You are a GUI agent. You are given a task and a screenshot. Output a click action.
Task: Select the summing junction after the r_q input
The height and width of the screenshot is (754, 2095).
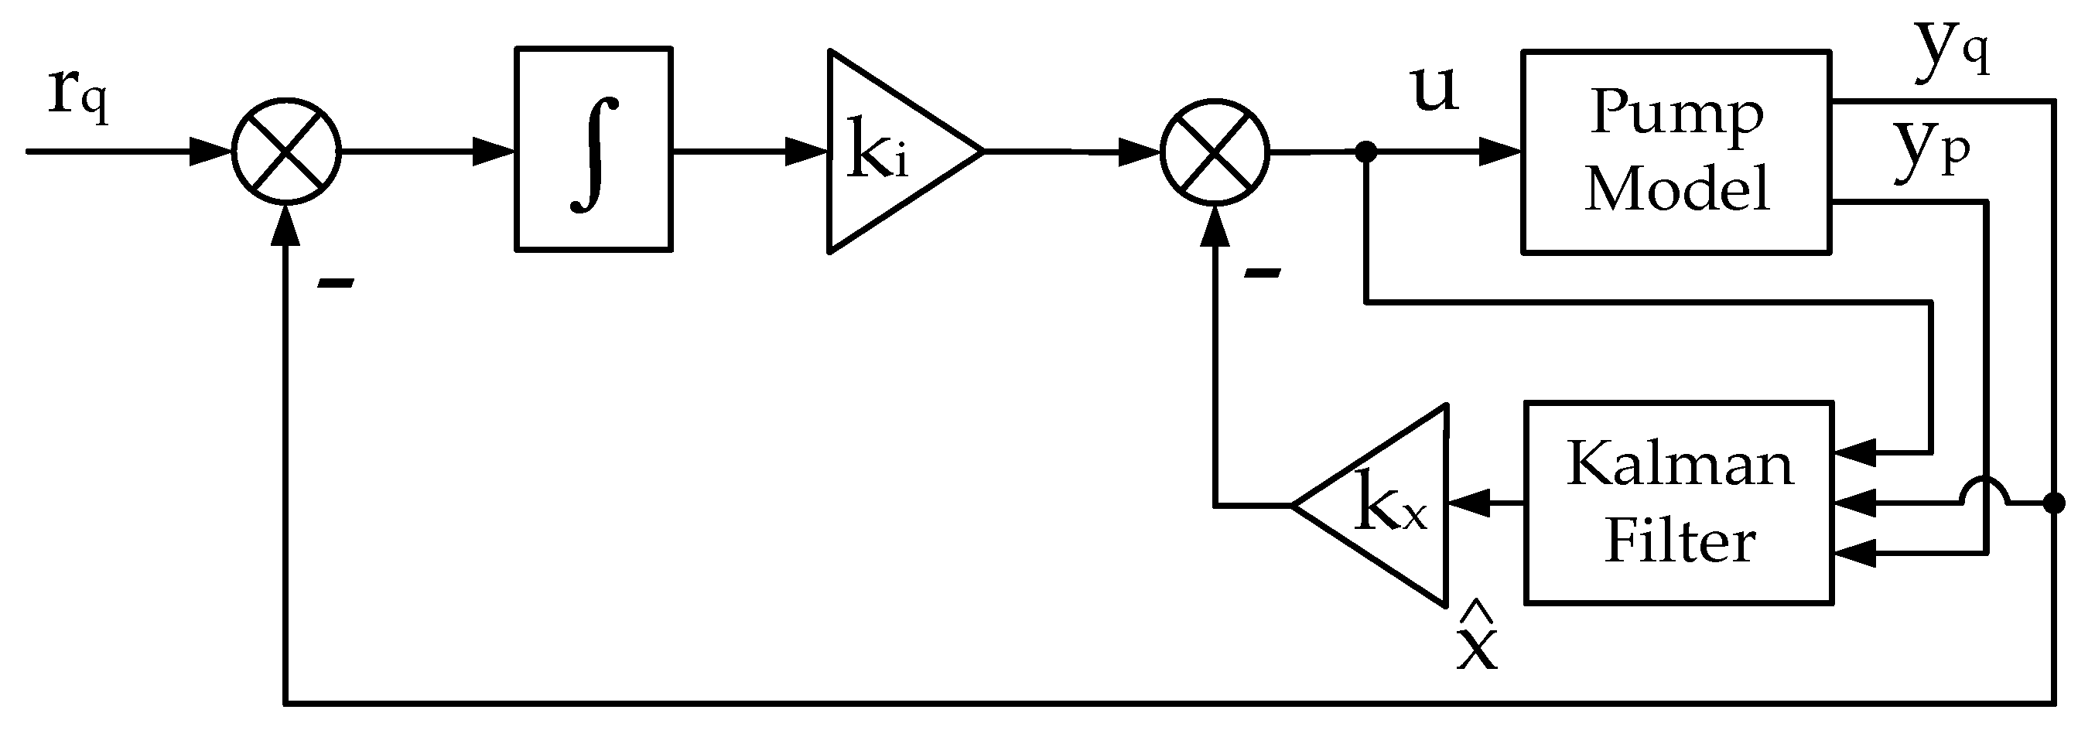coord(286,152)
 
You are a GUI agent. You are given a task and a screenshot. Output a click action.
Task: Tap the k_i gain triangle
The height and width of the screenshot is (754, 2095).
coord(887,152)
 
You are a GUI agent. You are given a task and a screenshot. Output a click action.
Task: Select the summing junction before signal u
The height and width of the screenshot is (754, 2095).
coord(1215,152)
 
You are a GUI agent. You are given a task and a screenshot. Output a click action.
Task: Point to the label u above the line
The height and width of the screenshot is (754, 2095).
coord(1434,90)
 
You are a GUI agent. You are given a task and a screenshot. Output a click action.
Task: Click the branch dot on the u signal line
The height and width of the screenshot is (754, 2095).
coord(1366,152)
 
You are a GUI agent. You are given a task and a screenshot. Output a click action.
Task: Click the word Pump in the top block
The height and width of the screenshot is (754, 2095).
coord(1677,114)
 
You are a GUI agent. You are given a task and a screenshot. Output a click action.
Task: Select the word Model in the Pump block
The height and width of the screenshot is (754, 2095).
coord(1677,189)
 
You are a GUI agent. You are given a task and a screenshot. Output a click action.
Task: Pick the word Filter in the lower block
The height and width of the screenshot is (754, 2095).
coord(1680,541)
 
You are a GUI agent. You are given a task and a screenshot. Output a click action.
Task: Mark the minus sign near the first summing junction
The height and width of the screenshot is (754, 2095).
coord(336,283)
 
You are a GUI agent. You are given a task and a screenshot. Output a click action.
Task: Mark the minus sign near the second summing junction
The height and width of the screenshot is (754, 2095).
coord(1263,274)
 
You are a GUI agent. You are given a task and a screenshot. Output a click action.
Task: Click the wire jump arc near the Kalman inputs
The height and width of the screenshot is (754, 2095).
coord(1985,491)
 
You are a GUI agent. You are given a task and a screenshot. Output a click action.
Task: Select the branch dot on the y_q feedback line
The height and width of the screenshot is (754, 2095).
coord(2053,503)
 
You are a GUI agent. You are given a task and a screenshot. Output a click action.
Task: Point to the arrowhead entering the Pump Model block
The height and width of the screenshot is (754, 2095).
coord(1501,152)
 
